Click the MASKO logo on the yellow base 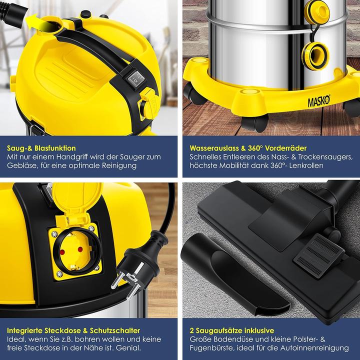point(319,101)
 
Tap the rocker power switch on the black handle point(136,78)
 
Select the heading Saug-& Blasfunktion point(41,148)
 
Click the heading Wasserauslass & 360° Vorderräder point(248,148)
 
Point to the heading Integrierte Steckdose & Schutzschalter point(73,330)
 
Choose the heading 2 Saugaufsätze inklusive point(232,330)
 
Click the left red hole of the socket point(62,252)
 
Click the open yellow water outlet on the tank point(315,56)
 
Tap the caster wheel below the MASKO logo point(254,122)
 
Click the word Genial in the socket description point(128,348)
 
